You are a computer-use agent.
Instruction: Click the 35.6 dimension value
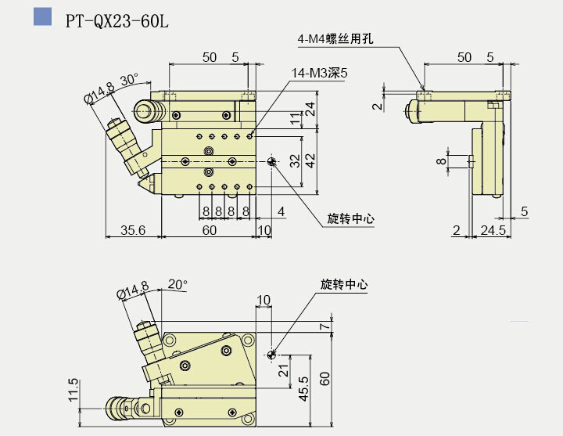[134, 229]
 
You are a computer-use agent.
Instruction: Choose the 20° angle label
[178, 284]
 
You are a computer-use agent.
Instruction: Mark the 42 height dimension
[310, 159]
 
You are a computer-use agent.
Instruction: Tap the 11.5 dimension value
[74, 389]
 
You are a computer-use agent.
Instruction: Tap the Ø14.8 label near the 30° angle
[99, 94]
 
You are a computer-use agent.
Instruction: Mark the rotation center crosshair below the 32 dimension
[271, 161]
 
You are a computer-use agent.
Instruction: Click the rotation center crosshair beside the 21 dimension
[271, 355]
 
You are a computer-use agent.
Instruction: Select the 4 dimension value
[280, 212]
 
